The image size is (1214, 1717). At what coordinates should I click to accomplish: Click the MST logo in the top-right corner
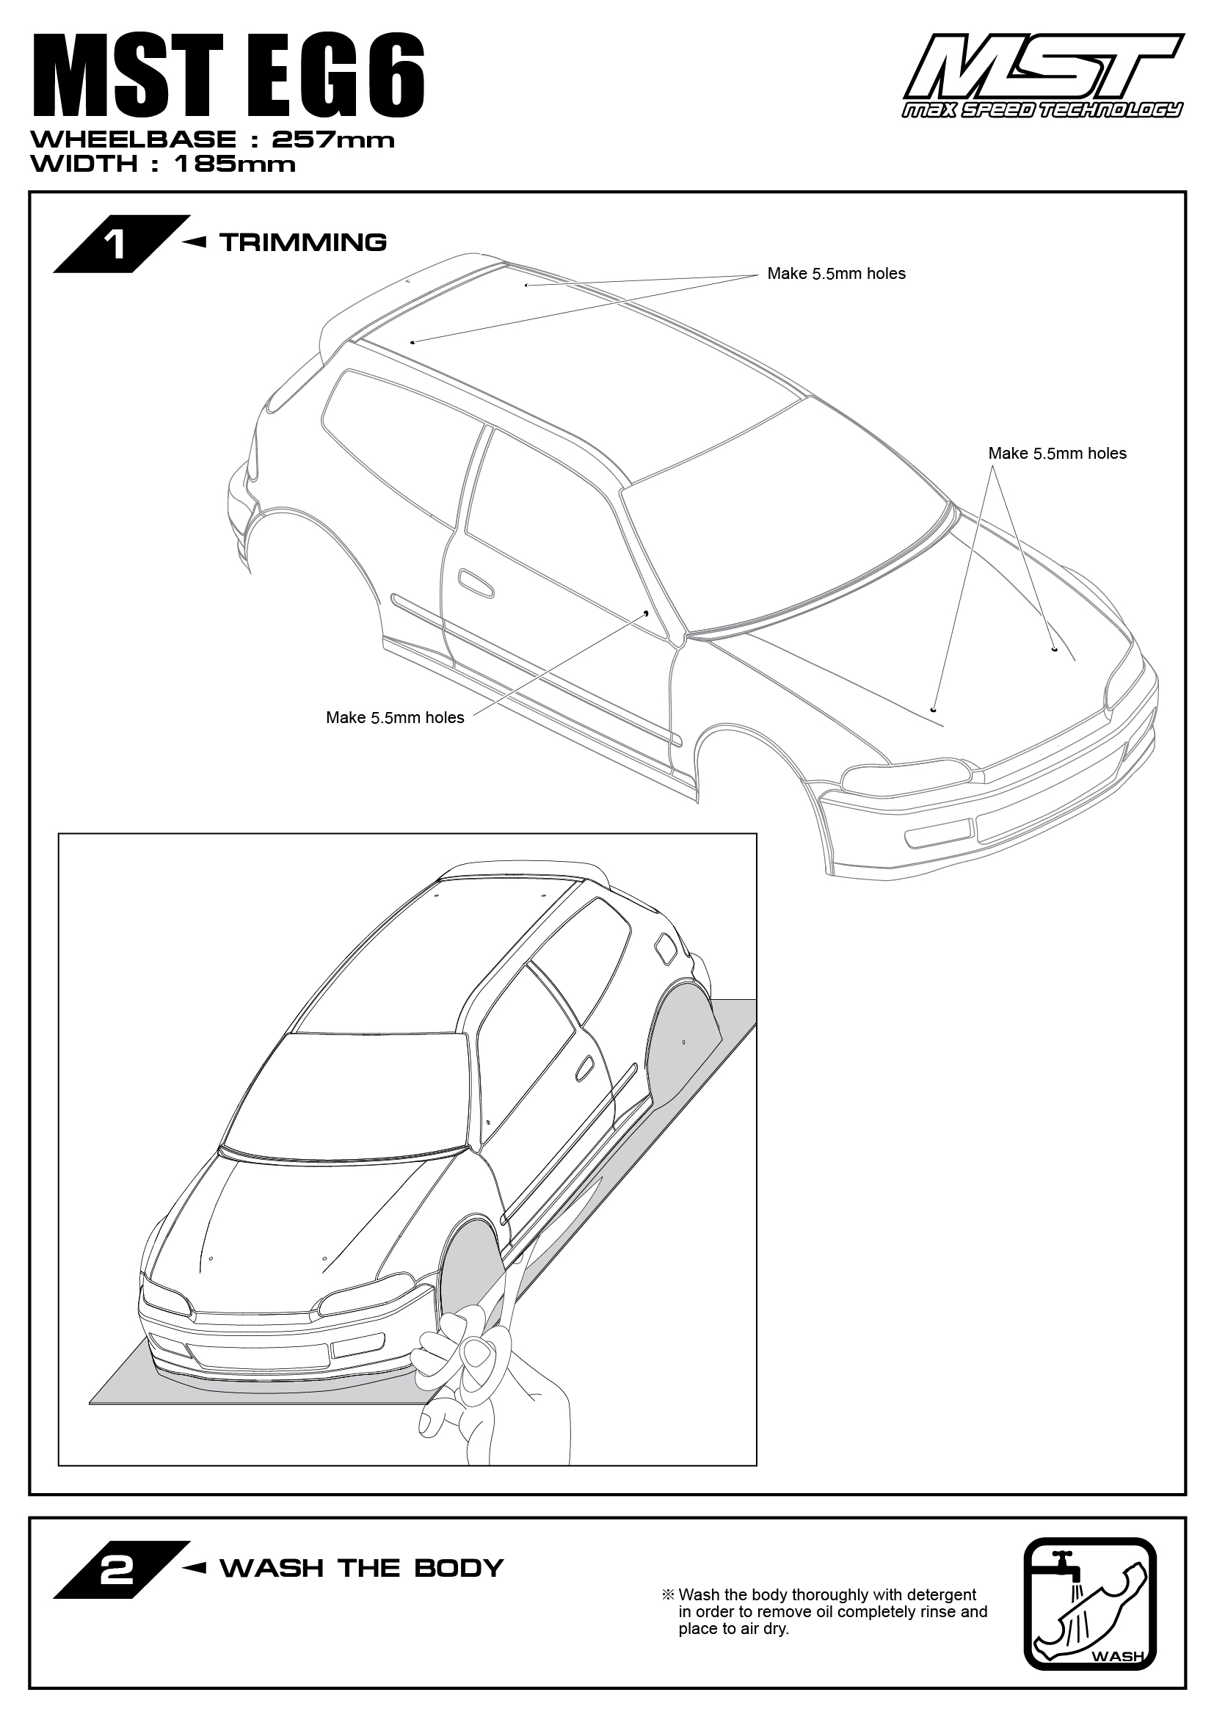(1044, 76)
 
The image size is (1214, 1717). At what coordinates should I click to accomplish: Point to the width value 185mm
(235, 164)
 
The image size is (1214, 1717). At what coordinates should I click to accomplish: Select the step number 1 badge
(121, 244)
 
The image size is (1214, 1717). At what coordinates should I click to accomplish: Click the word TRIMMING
(304, 242)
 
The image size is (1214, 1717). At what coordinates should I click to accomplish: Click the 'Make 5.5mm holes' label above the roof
(837, 274)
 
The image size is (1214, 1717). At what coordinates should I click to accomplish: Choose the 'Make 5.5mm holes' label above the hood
(1057, 453)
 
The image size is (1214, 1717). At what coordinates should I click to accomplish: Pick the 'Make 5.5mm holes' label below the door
(395, 718)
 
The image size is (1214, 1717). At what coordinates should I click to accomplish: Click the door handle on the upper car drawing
(476, 583)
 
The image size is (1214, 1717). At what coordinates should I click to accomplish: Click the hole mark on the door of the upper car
(646, 612)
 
